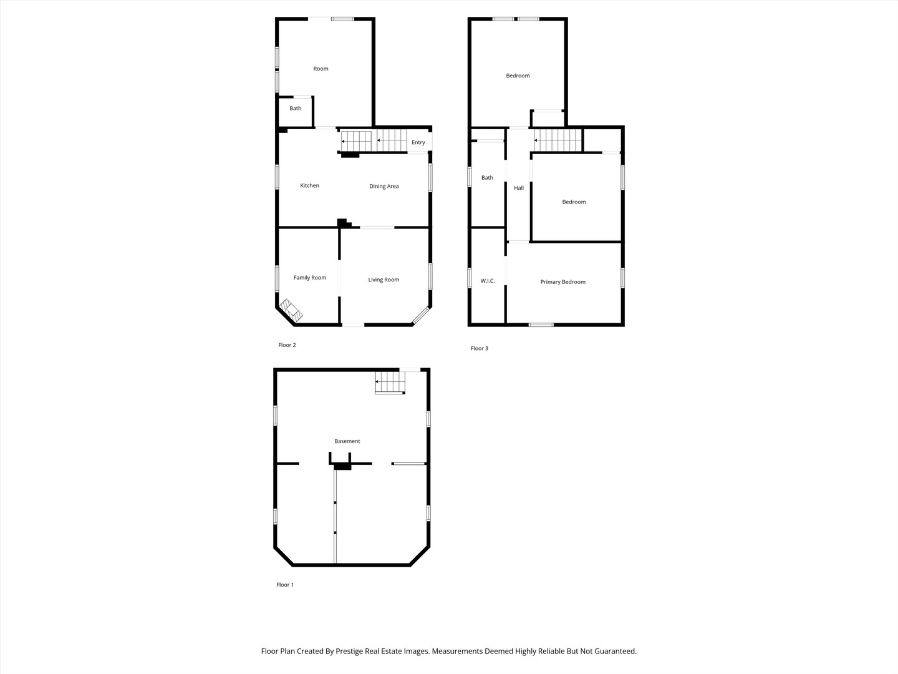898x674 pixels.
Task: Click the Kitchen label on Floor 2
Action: click(309, 185)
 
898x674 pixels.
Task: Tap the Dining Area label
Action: click(384, 186)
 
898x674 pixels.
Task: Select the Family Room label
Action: click(310, 278)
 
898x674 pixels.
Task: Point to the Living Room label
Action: click(384, 280)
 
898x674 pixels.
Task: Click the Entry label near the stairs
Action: click(418, 142)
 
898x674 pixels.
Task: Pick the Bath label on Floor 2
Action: click(295, 108)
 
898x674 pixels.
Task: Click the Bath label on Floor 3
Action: click(487, 178)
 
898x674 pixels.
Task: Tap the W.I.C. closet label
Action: click(487, 281)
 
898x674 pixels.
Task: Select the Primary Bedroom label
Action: click(562, 282)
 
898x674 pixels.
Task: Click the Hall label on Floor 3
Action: click(519, 188)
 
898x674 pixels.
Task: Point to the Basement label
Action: click(347, 441)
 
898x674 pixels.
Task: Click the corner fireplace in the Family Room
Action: click(291, 310)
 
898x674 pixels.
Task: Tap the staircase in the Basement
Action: click(390, 383)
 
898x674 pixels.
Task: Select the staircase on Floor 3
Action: click(558, 140)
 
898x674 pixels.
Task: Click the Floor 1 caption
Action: click(285, 585)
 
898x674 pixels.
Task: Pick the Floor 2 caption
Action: click(287, 345)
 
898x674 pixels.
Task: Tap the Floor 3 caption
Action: click(479, 348)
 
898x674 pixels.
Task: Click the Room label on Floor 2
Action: click(321, 69)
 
